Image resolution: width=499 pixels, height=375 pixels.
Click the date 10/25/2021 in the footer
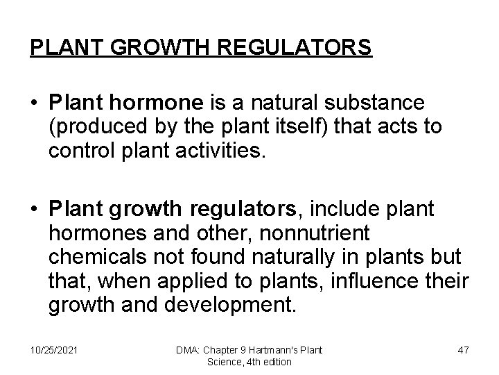coord(53,350)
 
